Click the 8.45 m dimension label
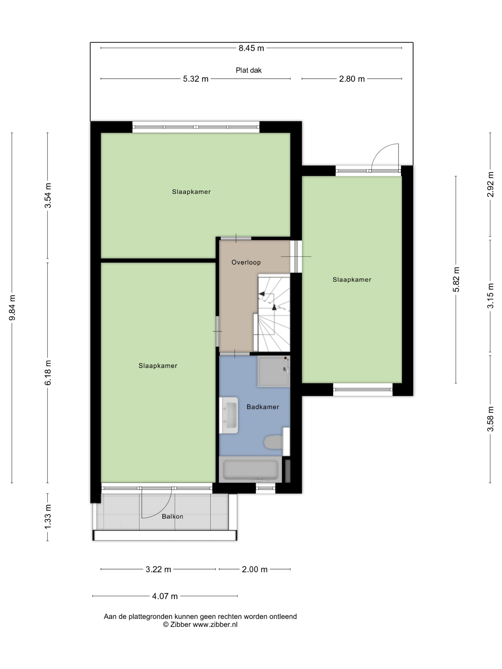pyautogui.click(x=251, y=48)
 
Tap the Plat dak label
pyautogui.click(x=248, y=70)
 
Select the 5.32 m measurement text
pyautogui.click(x=196, y=79)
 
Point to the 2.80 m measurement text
pyautogui.click(x=352, y=79)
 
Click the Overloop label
pyautogui.click(x=246, y=262)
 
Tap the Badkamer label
pyautogui.click(x=263, y=407)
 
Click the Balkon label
pyautogui.click(x=173, y=516)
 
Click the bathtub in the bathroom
pyautogui.click(x=250, y=469)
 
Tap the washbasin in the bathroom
pyautogui.click(x=229, y=415)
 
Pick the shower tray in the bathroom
pyautogui.click(x=273, y=371)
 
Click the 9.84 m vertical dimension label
pyautogui.click(x=12, y=307)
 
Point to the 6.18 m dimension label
pyautogui.click(x=48, y=372)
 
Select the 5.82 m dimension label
pyautogui.click(x=456, y=280)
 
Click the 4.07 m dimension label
pyautogui.click(x=165, y=596)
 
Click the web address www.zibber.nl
pyautogui.click(x=215, y=624)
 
